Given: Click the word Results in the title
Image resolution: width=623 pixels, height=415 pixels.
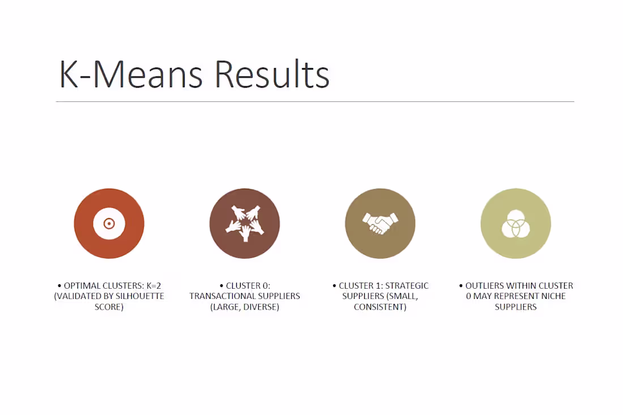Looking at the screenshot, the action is coord(272,74).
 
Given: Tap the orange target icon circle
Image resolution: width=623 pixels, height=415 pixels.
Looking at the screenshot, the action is coord(109,224).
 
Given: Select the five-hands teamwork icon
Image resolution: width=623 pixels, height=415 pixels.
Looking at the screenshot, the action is coord(245,224).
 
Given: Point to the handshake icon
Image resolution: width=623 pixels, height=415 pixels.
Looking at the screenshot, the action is coord(380,224).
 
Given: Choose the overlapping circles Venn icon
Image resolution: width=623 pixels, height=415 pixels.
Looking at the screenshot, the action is coord(516,224).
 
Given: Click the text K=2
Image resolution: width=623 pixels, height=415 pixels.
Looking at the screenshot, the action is coord(153,285).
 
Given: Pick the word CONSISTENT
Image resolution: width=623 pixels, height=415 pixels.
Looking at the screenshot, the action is coord(380,307).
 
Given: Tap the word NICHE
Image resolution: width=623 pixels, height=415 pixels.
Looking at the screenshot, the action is coord(553,296).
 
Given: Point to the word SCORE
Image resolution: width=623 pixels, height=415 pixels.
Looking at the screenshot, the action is coord(109,307).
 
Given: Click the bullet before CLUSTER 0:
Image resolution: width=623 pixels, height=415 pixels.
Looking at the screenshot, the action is coord(221,286).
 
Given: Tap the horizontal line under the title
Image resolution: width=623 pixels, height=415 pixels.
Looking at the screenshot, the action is coord(315,102).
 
